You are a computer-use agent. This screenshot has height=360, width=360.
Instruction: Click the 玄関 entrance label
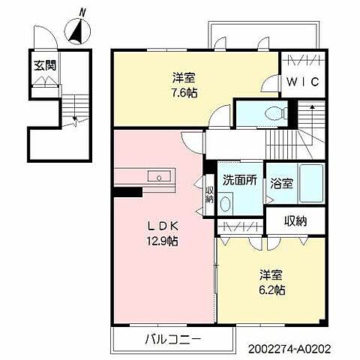point(43,66)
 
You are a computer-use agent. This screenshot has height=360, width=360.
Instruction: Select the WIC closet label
point(304,82)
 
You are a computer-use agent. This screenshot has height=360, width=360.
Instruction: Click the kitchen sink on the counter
point(160,177)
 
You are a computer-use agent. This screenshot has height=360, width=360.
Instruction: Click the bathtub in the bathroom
point(311,184)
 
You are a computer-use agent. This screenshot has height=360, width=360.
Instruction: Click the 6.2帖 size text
point(272,289)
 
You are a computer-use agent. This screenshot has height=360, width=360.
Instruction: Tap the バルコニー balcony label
point(172,339)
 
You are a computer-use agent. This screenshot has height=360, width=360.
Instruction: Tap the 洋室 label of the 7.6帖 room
point(184,76)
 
